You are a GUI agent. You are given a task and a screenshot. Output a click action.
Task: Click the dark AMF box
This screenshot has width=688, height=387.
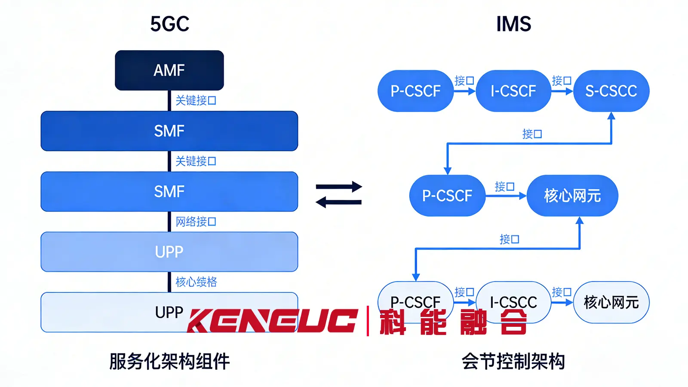169,71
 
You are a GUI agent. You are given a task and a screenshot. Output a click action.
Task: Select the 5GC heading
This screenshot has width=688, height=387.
169,24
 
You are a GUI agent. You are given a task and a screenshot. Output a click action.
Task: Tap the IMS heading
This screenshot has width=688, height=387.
513,24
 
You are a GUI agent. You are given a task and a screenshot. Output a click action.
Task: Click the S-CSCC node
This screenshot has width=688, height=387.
611,91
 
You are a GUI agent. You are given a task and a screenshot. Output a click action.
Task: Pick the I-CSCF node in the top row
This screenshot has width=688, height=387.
513,91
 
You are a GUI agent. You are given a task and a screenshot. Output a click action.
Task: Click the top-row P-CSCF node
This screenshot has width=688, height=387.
415,91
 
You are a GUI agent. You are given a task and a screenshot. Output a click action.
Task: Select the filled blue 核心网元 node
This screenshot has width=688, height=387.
572,196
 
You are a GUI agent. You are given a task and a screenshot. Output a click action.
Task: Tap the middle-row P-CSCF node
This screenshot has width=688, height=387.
447,196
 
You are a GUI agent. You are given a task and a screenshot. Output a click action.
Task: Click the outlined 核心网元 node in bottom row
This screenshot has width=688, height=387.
611,302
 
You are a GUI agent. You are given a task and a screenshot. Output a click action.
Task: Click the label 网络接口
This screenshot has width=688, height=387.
196,222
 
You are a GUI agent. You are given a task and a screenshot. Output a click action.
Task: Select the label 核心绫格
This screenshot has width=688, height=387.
196,282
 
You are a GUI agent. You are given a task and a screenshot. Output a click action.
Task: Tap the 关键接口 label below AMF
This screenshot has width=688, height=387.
196,101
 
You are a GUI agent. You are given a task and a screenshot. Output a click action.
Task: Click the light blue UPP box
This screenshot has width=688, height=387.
169,252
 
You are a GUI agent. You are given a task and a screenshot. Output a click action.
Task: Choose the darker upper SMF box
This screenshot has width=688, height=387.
169,131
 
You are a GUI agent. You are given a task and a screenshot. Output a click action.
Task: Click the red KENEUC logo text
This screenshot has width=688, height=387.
272,321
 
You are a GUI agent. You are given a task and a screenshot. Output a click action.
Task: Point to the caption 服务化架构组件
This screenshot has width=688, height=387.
169,361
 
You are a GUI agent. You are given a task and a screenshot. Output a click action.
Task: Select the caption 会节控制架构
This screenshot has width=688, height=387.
513,361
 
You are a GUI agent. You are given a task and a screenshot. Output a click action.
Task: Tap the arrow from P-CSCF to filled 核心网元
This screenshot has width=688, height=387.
506,196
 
